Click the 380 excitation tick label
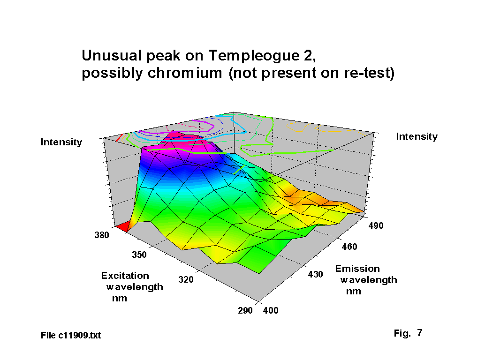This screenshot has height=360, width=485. pos(102,235)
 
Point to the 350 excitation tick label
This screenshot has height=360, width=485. pos(139,255)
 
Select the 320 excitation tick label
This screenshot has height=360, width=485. pos(186,280)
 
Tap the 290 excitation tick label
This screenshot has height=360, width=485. pos(245,310)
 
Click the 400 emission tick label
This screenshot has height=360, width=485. pos(271,310)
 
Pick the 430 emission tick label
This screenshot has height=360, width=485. pos(316,274)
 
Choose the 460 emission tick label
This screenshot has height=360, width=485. pos(349,247)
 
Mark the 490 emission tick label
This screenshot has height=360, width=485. pos(376,225)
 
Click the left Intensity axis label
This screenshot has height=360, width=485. pos(61,142)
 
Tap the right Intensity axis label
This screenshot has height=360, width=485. pos(417,136)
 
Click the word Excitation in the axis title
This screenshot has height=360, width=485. pos(125,276)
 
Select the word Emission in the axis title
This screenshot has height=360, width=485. pos(357,269)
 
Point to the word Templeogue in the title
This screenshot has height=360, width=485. pos(254,56)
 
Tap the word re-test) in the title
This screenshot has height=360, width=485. pos(369,74)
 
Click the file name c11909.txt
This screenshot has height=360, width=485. pos(79,336)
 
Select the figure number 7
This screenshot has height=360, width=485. pos(419,333)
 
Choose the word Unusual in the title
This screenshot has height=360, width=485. pos(112,56)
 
